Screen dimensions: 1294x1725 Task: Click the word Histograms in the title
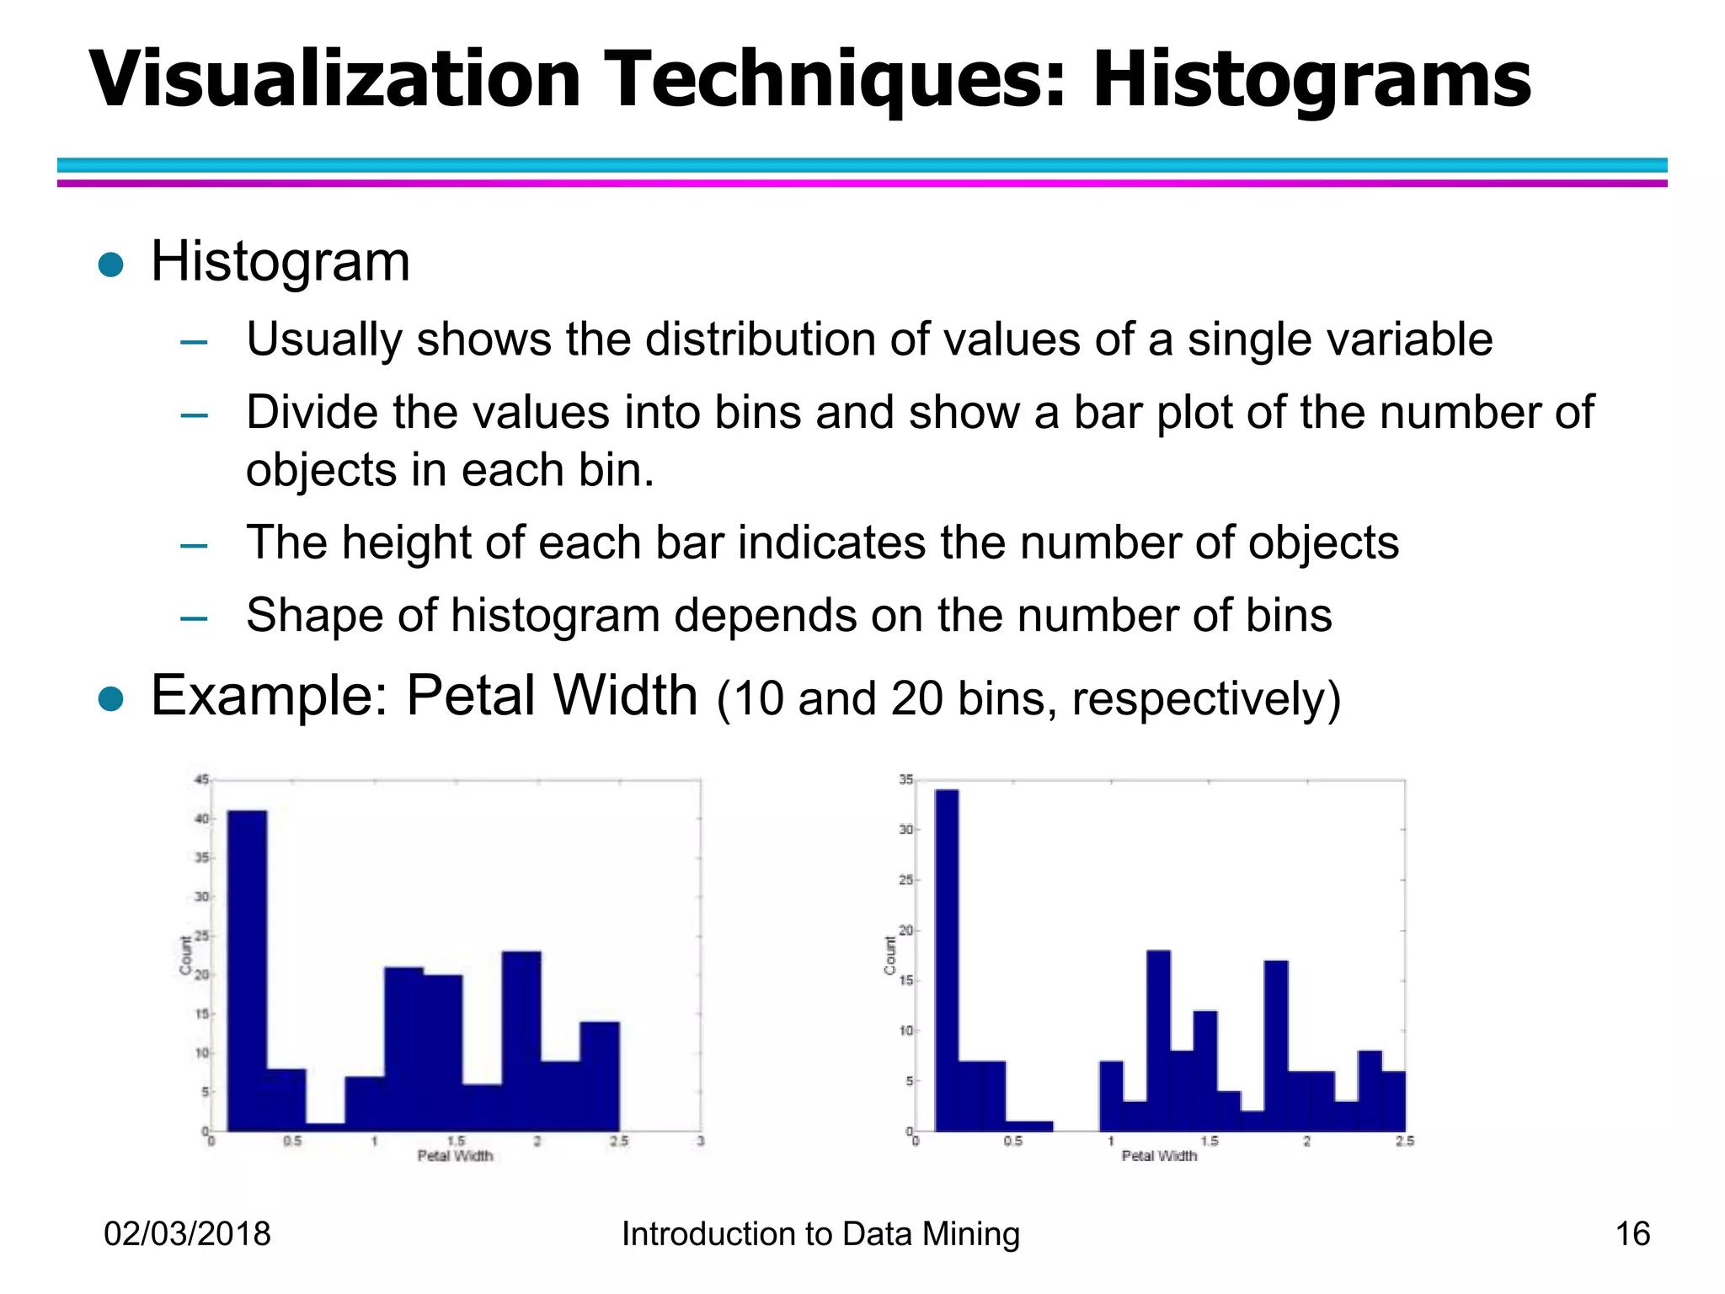1311,80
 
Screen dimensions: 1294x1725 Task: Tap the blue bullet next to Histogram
111,265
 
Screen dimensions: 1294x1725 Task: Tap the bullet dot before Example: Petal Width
111,699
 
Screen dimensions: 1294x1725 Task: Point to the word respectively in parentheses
1204,699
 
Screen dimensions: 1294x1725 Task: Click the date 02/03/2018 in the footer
187,1234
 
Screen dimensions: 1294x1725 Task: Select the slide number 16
1632,1234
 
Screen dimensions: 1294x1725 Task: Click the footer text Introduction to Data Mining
820,1234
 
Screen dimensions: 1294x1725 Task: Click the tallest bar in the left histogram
248,969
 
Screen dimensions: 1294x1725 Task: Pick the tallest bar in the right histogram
947,960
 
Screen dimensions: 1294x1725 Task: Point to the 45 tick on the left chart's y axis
201,780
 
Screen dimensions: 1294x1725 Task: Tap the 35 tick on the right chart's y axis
905,780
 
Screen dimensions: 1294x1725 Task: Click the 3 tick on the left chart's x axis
701,1142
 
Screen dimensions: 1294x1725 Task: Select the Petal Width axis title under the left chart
455,1156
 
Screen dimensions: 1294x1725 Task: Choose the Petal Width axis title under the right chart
1159,1156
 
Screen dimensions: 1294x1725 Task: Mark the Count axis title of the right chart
890,955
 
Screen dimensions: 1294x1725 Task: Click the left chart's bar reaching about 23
521,1040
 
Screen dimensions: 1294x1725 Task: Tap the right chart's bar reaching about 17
1276,1045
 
